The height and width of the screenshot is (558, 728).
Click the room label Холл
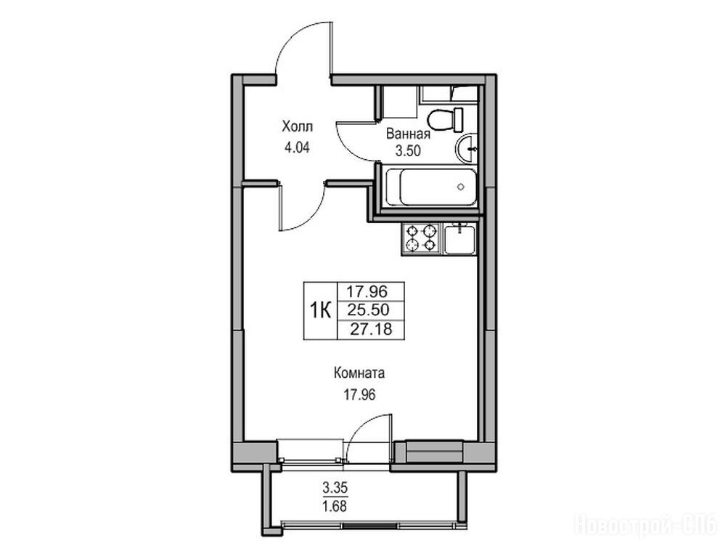(x=298, y=126)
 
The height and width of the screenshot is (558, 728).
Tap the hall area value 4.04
(x=297, y=148)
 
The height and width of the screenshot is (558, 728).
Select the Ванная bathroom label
(x=408, y=134)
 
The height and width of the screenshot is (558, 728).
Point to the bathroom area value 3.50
(x=408, y=151)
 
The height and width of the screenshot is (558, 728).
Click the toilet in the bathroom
(x=446, y=119)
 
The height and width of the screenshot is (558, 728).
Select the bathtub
(x=431, y=187)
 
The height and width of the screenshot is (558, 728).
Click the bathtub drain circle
(x=461, y=187)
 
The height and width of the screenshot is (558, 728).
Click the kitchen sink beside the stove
(x=459, y=239)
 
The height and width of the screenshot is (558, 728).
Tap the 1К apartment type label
(x=320, y=310)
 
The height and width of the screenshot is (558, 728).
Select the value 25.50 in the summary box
(x=371, y=310)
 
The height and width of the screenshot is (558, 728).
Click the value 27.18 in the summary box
(x=371, y=329)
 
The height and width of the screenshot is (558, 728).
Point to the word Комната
(x=359, y=373)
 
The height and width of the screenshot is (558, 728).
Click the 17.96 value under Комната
(x=359, y=395)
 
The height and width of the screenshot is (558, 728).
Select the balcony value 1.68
(x=335, y=505)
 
